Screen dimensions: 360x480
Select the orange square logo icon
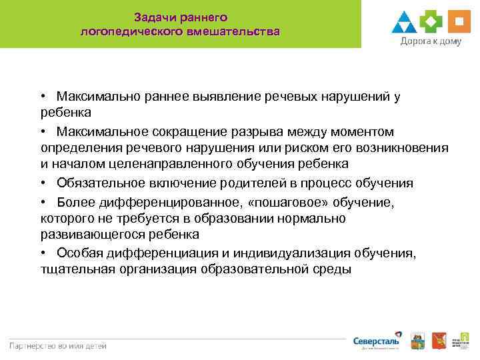tap(458, 22)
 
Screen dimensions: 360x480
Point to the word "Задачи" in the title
tap(155, 16)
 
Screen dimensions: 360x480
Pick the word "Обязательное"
tap(97, 183)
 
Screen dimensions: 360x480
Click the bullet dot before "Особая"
tap(43, 252)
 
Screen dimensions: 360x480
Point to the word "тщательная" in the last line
tap(75, 269)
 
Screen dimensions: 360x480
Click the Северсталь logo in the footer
tap(377, 341)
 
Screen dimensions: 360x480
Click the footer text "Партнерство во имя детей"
tap(57, 345)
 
